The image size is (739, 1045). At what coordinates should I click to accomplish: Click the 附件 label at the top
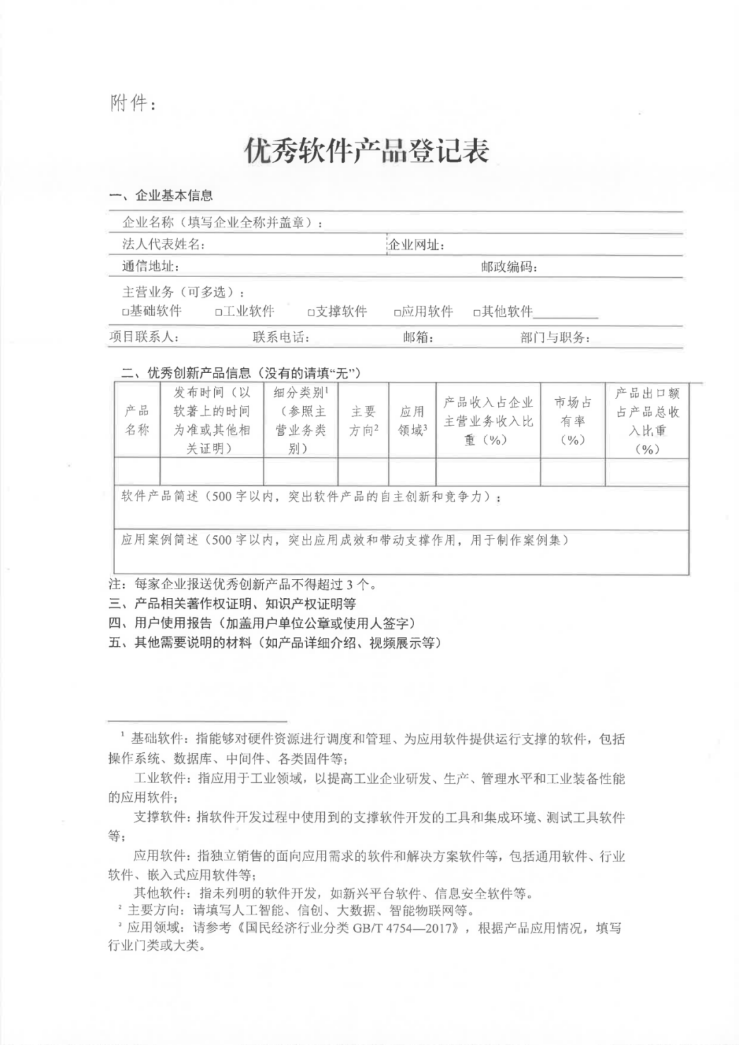click(x=133, y=103)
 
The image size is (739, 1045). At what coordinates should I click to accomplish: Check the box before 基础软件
click(x=125, y=312)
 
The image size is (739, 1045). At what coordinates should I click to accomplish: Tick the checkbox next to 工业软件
click(x=218, y=312)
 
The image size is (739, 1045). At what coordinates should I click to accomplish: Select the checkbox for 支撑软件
click(x=311, y=312)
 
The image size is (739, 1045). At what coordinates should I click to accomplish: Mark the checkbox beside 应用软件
click(x=397, y=312)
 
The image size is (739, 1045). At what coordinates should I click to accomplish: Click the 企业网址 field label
click(x=416, y=245)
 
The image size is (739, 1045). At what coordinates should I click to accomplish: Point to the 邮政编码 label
click(x=508, y=267)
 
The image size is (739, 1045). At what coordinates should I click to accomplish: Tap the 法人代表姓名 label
click(x=164, y=244)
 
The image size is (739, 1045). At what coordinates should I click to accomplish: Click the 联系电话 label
click(x=281, y=337)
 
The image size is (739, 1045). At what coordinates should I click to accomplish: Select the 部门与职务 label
click(x=555, y=337)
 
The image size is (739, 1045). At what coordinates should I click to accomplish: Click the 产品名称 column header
click(x=137, y=420)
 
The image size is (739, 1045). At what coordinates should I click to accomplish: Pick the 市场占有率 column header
click(x=573, y=420)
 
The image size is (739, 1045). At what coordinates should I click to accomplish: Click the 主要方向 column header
click(x=363, y=421)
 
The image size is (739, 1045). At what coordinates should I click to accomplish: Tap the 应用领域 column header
click(x=412, y=421)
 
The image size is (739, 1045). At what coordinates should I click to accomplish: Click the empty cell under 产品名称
click(x=137, y=472)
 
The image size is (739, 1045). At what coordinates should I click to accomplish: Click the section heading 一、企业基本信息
click(x=161, y=196)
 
